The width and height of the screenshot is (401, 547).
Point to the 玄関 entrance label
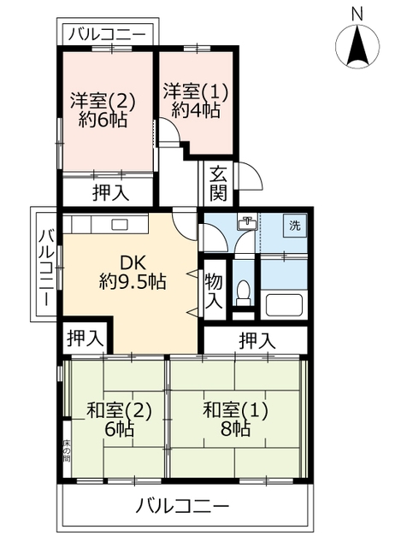pyautogui.click(x=219, y=182)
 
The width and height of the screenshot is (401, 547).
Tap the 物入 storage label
pyautogui.click(x=214, y=292)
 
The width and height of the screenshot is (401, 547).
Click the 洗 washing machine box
pyautogui.click(x=293, y=226)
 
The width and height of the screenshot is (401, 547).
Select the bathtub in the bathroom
pyautogui.click(x=284, y=303)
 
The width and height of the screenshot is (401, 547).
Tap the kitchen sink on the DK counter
pyautogui.click(x=118, y=224)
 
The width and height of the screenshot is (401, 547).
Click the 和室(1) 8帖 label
pyautogui.click(x=235, y=419)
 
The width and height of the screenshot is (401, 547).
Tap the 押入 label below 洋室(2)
pyautogui.click(x=110, y=192)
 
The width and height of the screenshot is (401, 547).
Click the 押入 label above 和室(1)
pyautogui.click(x=257, y=339)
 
